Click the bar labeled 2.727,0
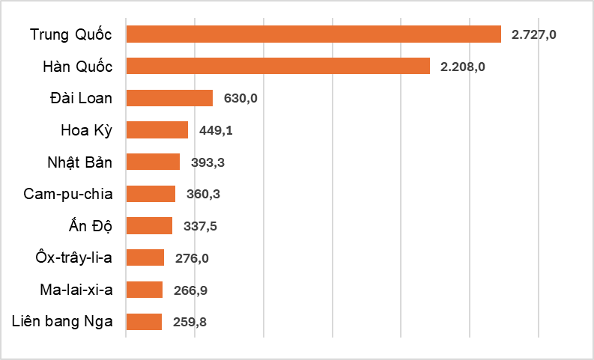click(313, 34)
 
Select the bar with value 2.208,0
click(278, 67)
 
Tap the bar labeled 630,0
click(169, 98)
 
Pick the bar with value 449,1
click(157, 130)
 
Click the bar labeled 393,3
click(153, 162)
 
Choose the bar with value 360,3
click(151, 194)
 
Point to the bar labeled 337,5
click(149, 226)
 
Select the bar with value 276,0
click(145, 257)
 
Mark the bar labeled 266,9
click(144, 290)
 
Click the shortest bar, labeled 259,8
click(144, 322)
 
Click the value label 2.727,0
click(534, 34)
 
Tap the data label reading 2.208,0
click(463, 67)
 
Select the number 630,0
click(240, 98)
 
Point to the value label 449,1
click(216, 130)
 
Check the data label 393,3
click(207, 162)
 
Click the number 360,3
click(203, 194)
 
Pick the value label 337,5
click(200, 226)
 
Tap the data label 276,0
click(192, 257)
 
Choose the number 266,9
click(190, 290)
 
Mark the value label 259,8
click(190, 322)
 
